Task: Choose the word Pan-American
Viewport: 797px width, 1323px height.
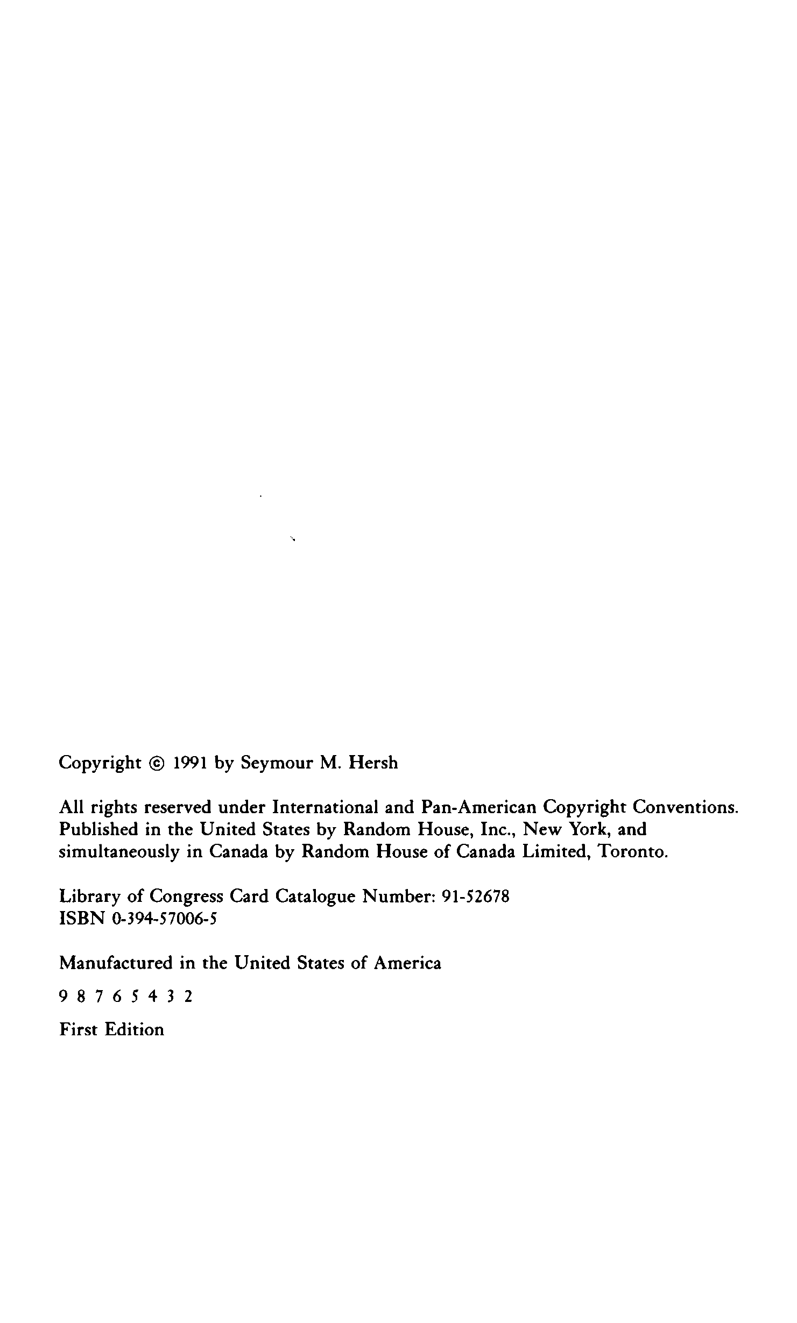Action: (478, 807)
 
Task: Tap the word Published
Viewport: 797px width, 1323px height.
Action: (98, 829)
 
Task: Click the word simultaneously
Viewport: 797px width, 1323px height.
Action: (118, 852)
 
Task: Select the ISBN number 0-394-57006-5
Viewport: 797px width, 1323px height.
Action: (164, 919)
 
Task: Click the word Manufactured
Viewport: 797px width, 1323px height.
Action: (115, 963)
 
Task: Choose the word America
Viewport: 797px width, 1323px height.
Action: (407, 963)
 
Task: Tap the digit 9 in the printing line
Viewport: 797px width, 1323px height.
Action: (62, 998)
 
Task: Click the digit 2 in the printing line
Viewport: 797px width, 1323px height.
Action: (188, 998)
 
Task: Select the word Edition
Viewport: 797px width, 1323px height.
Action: (134, 1030)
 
